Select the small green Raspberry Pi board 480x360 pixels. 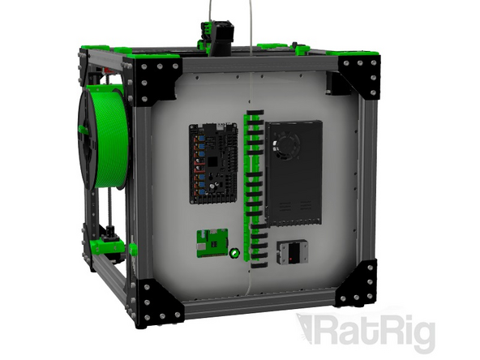click(x=211, y=242)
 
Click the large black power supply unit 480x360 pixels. click(x=295, y=172)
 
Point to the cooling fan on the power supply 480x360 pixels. click(x=285, y=146)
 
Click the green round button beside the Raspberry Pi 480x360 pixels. click(x=234, y=253)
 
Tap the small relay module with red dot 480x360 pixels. click(x=290, y=253)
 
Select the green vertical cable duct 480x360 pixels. click(x=253, y=186)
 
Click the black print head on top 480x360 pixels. click(x=212, y=36)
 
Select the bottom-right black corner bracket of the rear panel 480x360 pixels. click(x=357, y=284)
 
